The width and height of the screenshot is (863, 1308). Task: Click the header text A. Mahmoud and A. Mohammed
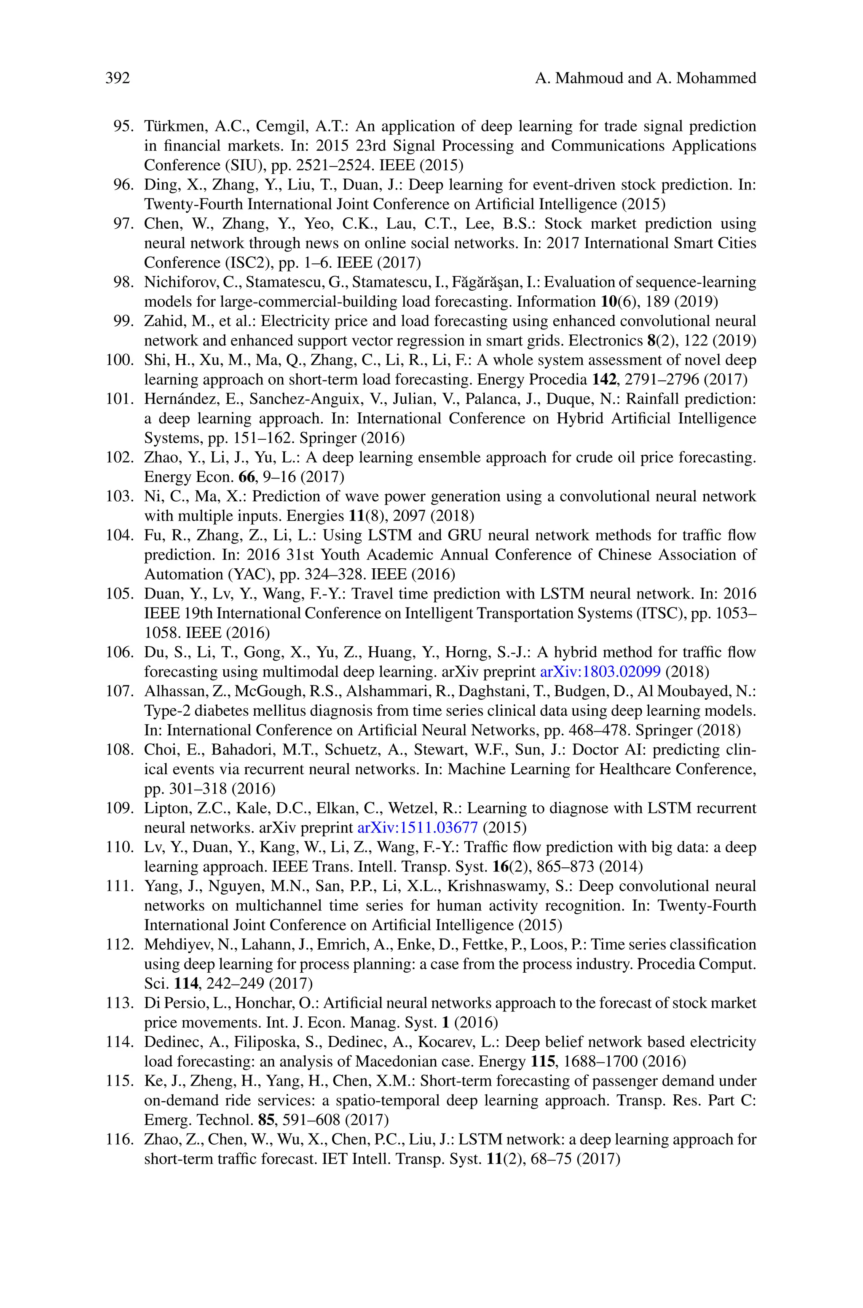tap(645, 78)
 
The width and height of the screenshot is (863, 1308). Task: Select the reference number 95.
tap(123, 126)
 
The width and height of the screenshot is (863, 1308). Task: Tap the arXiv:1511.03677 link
tap(418, 827)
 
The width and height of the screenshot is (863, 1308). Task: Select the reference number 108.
tap(119, 750)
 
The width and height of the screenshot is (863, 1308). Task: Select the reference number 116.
tap(119, 1139)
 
